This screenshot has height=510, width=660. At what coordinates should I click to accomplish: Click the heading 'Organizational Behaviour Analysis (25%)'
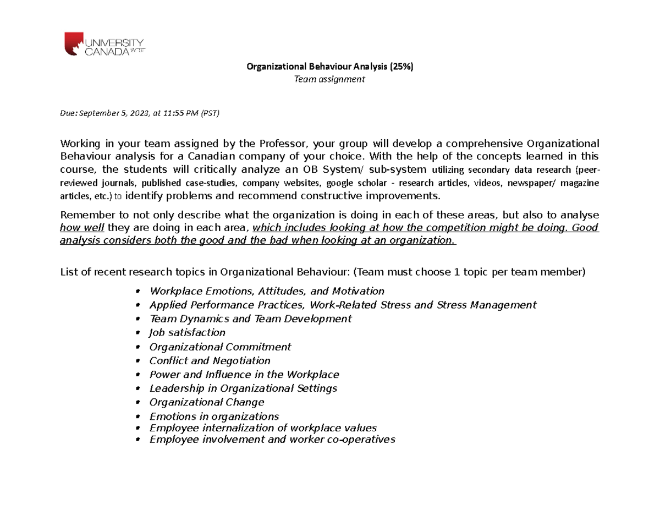329,67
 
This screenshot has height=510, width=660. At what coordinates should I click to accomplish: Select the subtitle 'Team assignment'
329,80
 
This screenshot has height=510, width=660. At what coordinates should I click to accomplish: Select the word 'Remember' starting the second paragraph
81,215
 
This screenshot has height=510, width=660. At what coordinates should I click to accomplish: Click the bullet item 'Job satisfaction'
187,333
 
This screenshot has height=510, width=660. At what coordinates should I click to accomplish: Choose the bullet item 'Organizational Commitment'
220,347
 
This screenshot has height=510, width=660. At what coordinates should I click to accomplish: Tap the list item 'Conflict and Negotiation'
210,361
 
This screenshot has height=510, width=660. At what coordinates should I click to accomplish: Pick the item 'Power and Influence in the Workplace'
244,375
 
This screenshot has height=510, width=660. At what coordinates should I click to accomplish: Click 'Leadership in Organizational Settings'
243,388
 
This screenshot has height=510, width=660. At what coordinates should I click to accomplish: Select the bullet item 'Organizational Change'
207,402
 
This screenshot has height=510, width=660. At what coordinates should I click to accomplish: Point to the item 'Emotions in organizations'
214,416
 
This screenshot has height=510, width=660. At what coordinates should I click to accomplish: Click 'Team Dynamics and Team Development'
250,319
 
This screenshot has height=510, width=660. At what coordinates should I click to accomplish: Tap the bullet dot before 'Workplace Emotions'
137,291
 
